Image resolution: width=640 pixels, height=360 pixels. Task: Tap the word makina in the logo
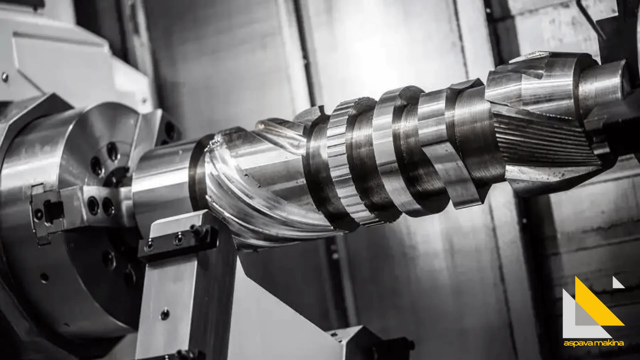tap(608, 343)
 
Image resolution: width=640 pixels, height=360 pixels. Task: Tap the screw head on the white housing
tap(5, 77)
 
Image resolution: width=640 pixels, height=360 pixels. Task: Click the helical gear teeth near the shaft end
tap(547, 140)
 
